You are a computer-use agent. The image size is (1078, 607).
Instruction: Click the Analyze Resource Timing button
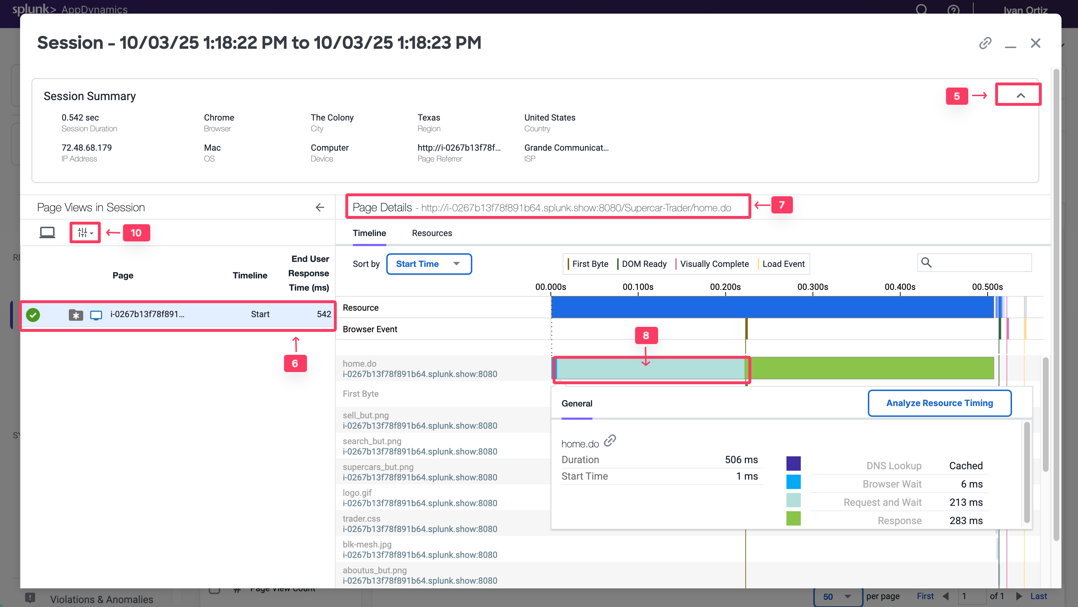point(940,403)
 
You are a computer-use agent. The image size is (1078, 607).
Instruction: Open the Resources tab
point(432,233)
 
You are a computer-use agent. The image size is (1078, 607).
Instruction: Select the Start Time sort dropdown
point(429,264)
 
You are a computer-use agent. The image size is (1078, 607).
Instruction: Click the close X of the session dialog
point(1035,43)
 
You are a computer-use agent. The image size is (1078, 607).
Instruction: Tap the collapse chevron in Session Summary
point(1021,95)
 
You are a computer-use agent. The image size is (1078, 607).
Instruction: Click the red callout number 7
point(781,205)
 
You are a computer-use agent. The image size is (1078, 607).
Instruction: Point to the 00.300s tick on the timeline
point(813,287)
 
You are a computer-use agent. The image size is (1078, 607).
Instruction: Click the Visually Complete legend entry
point(714,264)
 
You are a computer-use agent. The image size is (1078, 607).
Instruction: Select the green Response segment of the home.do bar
point(870,368)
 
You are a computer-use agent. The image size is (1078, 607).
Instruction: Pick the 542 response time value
point(323,314)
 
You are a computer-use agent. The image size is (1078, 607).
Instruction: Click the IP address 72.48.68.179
point(87,148)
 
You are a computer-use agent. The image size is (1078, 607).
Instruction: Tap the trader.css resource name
point(361,519)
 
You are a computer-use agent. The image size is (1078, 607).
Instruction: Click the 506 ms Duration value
point(741,460)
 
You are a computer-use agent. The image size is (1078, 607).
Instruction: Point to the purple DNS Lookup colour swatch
point(793,464)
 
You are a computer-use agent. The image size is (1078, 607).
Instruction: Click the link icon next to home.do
point(610,441)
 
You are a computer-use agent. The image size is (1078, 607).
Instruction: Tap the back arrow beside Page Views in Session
point(320,208)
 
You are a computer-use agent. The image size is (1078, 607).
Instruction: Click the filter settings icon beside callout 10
point(85,233)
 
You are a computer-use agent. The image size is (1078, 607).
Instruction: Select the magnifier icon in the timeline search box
point(927,263)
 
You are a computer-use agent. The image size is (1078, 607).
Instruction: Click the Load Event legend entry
point(783,264)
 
